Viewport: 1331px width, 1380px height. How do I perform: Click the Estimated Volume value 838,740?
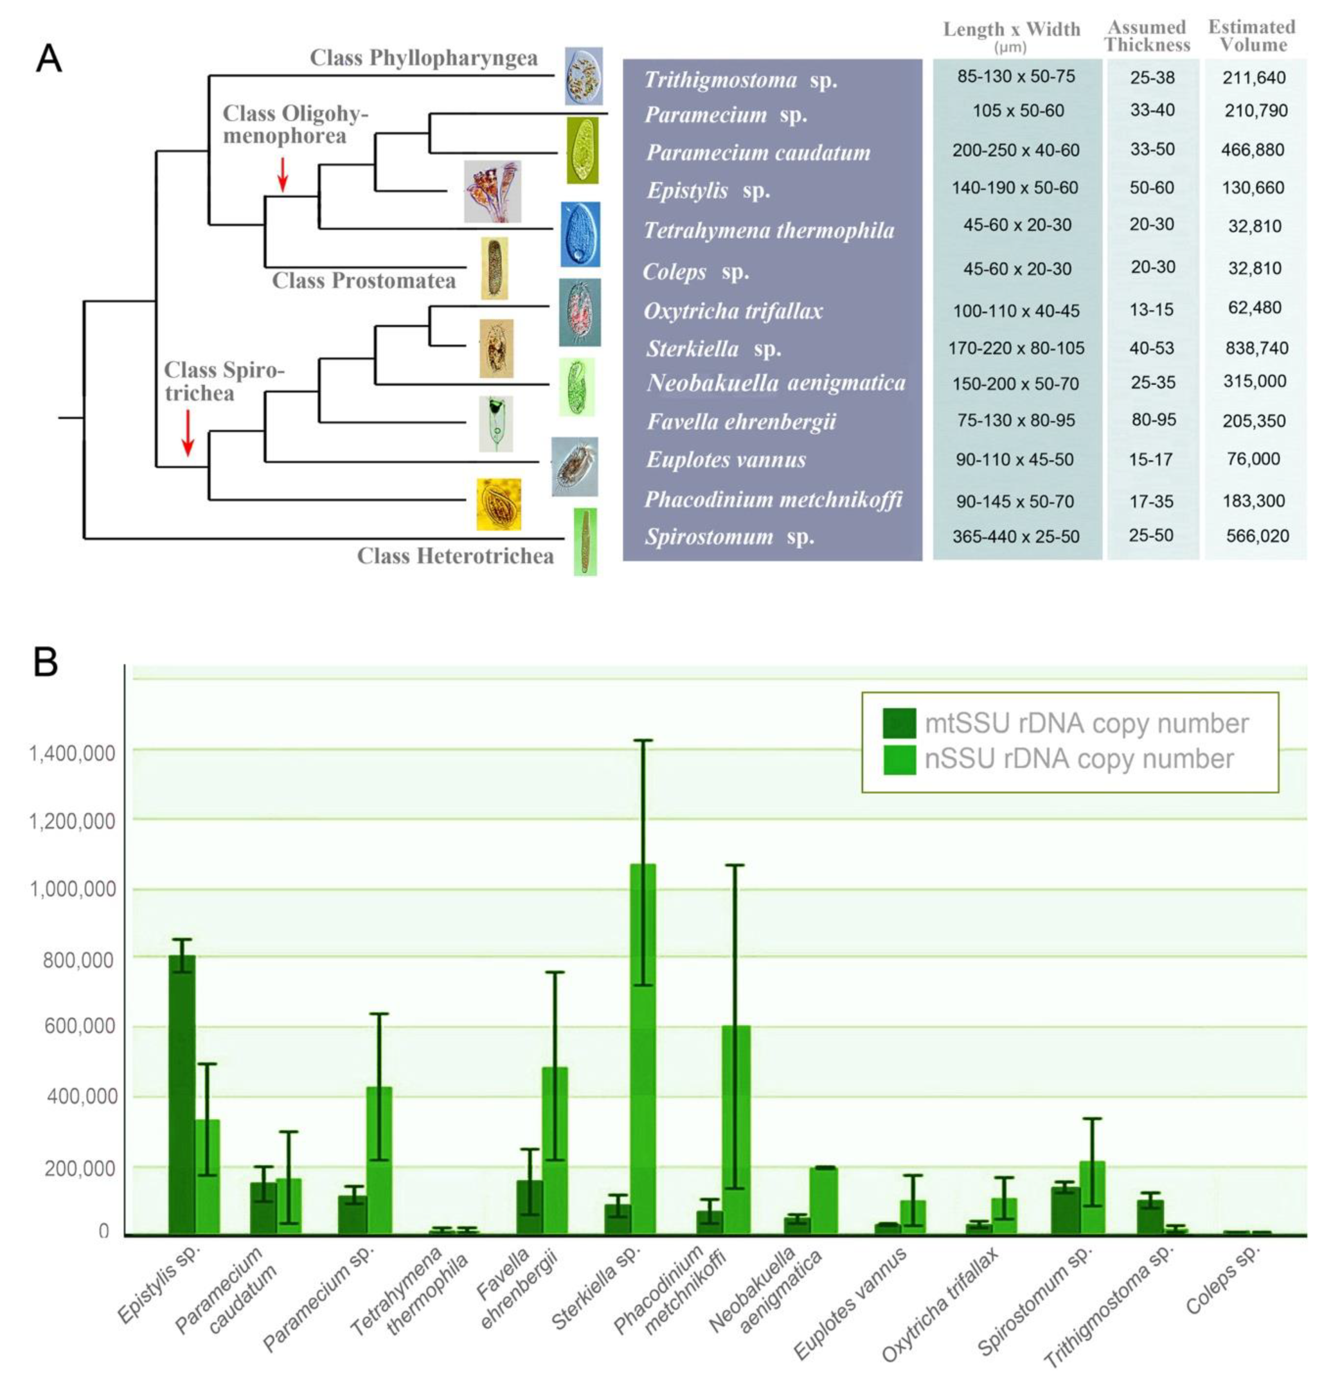click(x=1255, y=348)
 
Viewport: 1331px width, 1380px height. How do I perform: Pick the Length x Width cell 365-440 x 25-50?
click(x=1015, y=537)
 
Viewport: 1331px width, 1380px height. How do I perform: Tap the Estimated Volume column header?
click(x=1252, y=36)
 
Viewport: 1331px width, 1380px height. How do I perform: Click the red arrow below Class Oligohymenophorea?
click(x=282, y=174)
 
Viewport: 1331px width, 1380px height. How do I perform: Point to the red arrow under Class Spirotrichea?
click(x=187, y=432)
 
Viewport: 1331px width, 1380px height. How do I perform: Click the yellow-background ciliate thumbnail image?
click(x=499, y=504)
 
